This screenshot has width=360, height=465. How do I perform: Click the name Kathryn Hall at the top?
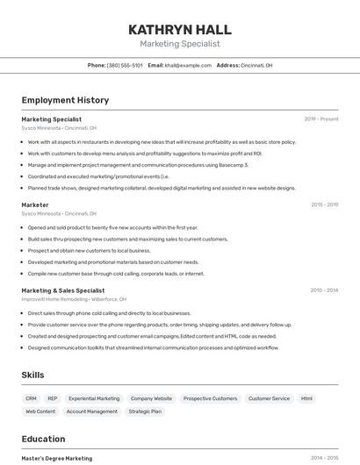[x=179, y=29]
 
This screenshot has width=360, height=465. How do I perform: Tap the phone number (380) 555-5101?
[x=125, y=66]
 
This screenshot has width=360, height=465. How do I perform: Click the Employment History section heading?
[x=65, y=100]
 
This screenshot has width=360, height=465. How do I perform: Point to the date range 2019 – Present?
[x=321, y=119]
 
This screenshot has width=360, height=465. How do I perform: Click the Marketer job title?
[x=35, y=204]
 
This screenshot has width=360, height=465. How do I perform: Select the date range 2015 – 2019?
[x=324, y=204]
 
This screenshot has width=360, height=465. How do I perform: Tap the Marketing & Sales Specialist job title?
[x=62, y=290]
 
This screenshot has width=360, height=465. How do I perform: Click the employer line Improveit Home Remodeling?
[x=68, y=299]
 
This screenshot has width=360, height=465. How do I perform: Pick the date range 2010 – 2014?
[x=324, y=290]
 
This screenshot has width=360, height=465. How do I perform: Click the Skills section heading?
[x=32, y=375]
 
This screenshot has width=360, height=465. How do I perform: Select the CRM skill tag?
[x=31, y=398]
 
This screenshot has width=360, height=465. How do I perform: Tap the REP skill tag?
[x=53, y=398]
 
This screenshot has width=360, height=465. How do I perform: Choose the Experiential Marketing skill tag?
[x=94, y=398]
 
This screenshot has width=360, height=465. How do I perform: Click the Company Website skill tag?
[x=151, y=398]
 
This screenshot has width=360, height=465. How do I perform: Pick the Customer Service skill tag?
[x=269, y=398]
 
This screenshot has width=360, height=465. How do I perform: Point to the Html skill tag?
[x=306, y=398]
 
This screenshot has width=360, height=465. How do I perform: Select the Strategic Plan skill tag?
[x=145, y=411]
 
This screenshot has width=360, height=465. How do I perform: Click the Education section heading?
[x=43, y=439]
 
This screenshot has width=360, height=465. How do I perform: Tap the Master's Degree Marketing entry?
[x=56, y=458]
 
